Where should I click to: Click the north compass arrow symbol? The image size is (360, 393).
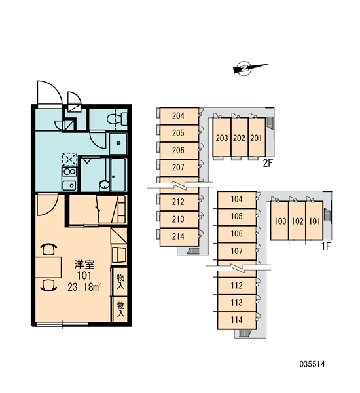[x=250, y=68]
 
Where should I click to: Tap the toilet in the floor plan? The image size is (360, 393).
[x=117, y=119]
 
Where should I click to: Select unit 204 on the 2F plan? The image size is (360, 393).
[x=179, y=116]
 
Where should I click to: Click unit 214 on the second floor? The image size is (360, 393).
[x=179, y=237]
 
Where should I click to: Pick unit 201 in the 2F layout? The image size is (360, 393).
[x=257, y=138]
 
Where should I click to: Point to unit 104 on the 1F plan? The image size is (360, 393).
[x=237, y=200]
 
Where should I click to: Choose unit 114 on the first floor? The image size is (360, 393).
[x=237, y=320]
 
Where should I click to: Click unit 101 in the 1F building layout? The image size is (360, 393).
[x=314, y=221]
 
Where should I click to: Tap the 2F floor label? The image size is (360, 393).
[x=267, y=164]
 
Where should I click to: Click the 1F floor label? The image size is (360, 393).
[x=326, y=247]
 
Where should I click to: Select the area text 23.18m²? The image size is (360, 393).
[x=84, y=287]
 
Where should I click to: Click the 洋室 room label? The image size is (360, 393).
[x=84, y=265]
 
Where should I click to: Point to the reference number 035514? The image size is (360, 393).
[x=312, y=364]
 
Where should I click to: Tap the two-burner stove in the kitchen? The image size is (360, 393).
[x=69, y=172]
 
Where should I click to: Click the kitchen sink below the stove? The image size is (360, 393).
[x=69, y=186]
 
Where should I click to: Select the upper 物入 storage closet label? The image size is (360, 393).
[x=120, y=282]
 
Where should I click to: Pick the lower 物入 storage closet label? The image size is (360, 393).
[x=120, y=309]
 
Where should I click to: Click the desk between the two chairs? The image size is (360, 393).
[x=48, y=267]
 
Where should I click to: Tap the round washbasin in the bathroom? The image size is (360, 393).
[x=104, y=185]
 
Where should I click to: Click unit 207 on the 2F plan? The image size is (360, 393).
[x=179, y=168]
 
